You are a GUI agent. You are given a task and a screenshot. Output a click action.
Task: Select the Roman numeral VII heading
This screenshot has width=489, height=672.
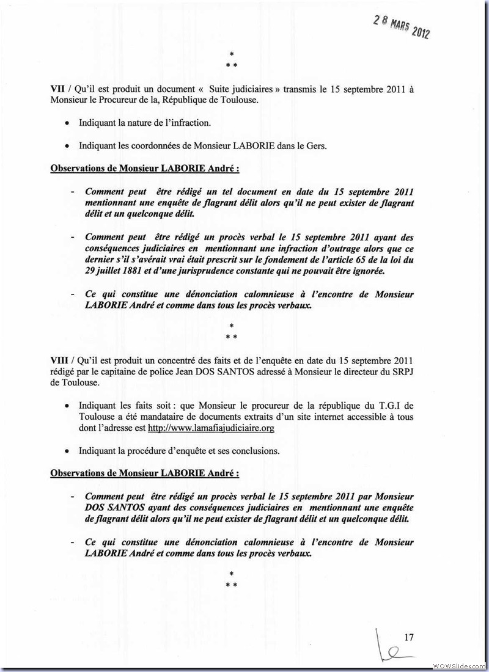(57, 89)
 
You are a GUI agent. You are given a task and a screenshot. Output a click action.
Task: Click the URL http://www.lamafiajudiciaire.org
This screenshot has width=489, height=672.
(211, 429)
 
